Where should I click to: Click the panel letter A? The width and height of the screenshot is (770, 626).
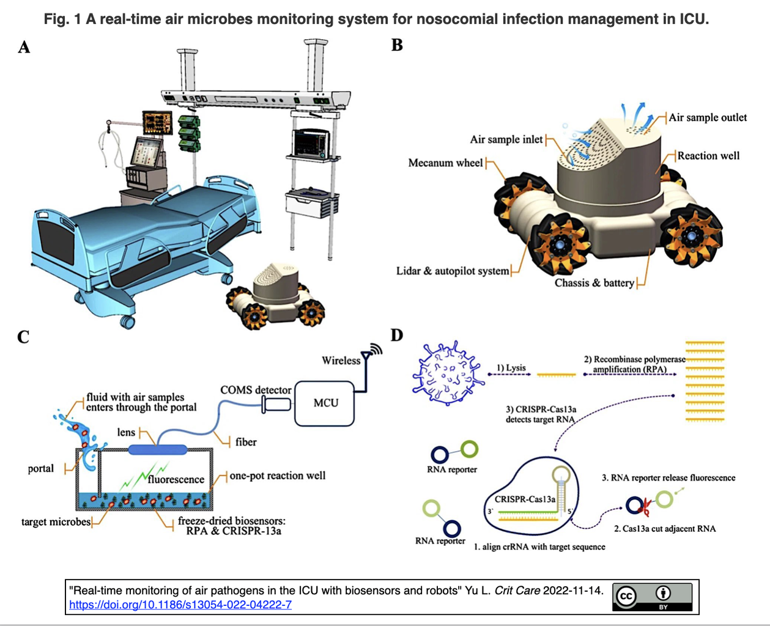click(24, 47)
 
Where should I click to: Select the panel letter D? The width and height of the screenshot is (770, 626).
click(397, 335)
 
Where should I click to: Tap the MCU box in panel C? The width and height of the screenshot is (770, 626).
click(325, 403)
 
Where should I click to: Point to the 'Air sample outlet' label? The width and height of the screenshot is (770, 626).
click(708, 117)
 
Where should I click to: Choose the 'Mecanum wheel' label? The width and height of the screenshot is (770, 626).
click(445, 163)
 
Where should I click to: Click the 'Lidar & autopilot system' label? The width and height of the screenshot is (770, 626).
click(453, 271)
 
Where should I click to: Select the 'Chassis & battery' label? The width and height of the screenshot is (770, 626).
click(594, 283)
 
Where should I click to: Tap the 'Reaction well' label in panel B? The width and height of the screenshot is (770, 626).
click(708, 156)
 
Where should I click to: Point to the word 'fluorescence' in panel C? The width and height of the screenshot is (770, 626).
click(176, 479)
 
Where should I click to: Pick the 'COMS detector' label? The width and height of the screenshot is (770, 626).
click(256, 390)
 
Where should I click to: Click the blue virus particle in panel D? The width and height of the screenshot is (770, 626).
click(448, 374)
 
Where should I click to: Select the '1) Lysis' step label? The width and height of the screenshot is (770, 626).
click(511, 367)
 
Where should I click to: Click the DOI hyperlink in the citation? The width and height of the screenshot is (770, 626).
click(180, 605)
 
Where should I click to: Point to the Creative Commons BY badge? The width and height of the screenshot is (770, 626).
click(652, 597)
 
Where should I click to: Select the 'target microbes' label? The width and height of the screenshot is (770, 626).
click(56, 521)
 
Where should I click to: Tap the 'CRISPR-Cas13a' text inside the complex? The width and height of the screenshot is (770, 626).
click(525, 499)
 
